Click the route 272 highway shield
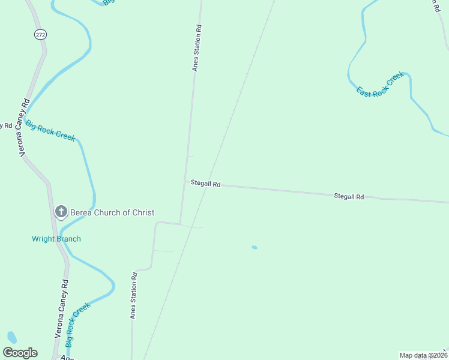(x=40, y=35)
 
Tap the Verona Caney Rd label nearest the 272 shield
(x=25, y=128)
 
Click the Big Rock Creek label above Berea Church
(x=50, y=130)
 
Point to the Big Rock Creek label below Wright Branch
(x=77, y=325)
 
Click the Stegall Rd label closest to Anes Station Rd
(x=206, y=184)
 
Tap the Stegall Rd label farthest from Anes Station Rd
(x=349, y=196)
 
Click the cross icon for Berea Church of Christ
(x=61, y=212)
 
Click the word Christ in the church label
(x=142, y=212)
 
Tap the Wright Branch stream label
(x=56, y=239)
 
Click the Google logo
(x=20, y=353)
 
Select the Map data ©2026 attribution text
(x=423, y=355)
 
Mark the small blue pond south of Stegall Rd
(x=255, y=247)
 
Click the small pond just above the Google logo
(x=11, y=337)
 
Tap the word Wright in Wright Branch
(x=43, y=239)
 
